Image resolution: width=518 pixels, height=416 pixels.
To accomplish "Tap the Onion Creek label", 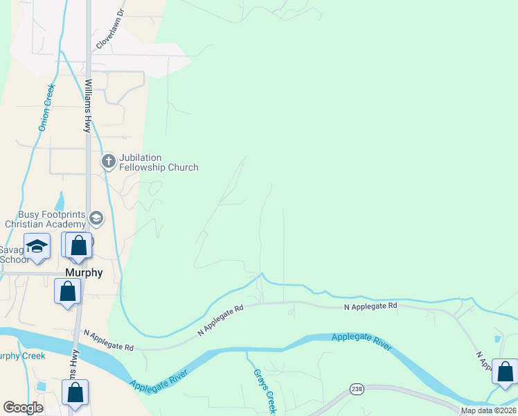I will [46, 107].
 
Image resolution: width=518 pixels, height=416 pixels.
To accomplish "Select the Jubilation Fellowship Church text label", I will [159, 162].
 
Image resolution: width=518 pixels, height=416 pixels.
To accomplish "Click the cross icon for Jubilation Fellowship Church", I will [108, 162].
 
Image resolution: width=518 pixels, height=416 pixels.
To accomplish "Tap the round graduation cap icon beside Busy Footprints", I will [96, 219].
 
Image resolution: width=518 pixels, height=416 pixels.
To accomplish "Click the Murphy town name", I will [84, 272].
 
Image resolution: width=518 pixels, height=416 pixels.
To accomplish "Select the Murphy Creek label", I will [22, 356].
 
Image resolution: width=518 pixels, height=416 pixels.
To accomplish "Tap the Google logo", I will [23, 408].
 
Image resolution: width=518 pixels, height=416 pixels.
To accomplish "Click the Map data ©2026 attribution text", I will [488, 410].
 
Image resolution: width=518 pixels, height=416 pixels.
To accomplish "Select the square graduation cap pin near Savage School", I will [37, 245].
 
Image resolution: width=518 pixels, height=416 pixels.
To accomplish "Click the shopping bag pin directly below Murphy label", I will [67, 292].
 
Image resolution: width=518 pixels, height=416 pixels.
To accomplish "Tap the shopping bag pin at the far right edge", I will [505, 372].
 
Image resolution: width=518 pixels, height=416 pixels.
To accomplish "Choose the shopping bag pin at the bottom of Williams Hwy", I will [75, 392].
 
